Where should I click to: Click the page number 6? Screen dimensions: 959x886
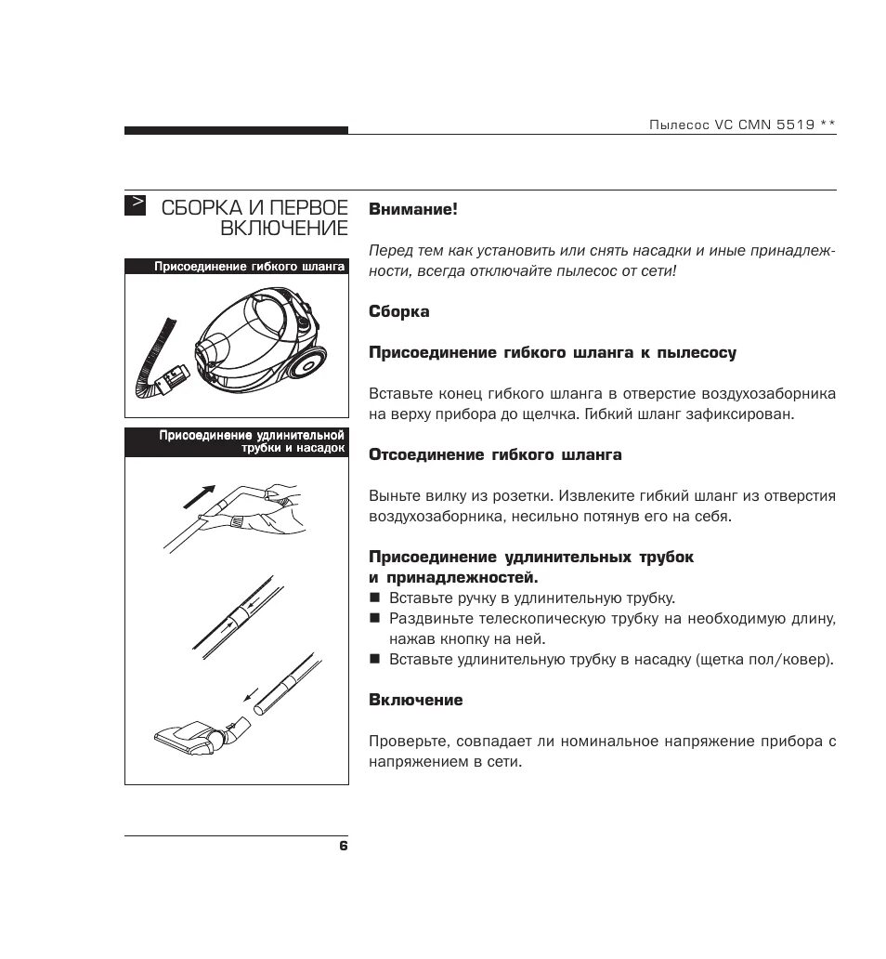pos(343,846)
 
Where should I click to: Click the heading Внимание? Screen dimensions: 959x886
pos(413,210)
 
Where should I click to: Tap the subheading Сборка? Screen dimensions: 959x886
pos(399,311)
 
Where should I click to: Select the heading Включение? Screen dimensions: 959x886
pos(415,700)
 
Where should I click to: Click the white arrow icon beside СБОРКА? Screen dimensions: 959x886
pos(136,204)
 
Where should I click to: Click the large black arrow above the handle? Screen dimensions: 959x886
pos(200,495)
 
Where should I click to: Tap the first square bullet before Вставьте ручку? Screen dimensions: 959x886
pos(375,598)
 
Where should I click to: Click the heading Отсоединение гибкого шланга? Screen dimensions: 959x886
pos(495,455)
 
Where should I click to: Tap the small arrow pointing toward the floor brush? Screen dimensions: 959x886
pos(248,694)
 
